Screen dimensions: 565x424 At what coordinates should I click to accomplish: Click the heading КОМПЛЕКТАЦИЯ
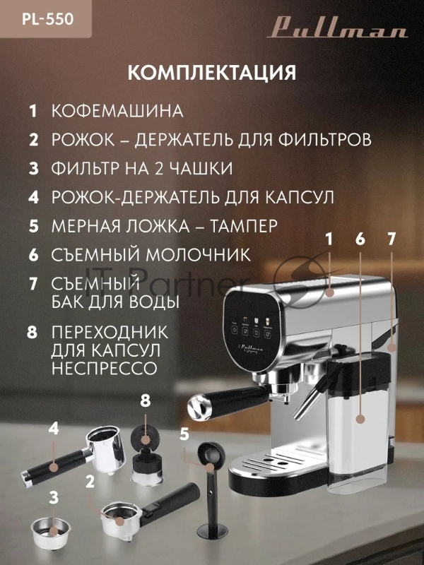(211, 73)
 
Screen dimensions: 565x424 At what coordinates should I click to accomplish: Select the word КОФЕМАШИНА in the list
(117, 111)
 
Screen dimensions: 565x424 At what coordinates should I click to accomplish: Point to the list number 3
(33, 168)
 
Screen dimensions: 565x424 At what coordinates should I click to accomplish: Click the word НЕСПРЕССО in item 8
(104, 368)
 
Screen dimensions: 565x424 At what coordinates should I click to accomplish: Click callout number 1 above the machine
(328, 239)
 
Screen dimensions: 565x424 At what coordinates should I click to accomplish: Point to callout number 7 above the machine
(391, 239)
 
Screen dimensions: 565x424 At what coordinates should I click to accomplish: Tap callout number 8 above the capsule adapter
(146, 400)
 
